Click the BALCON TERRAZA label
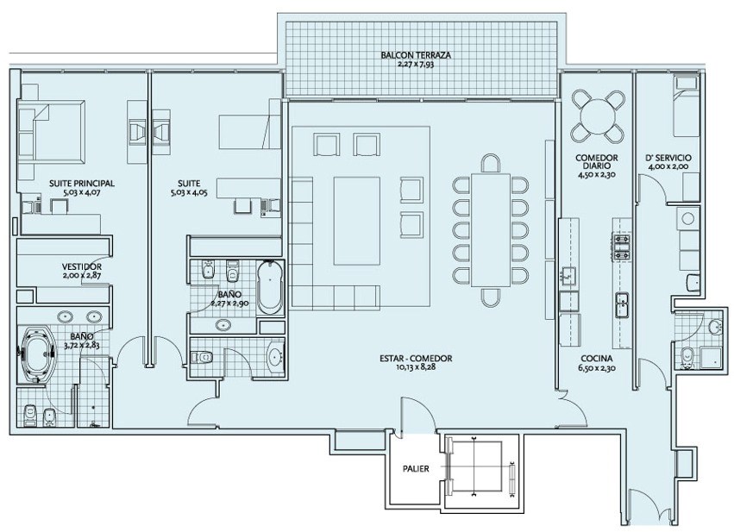tap(416, 55)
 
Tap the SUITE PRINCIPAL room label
tap(82, 184)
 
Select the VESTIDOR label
tap(81, 266)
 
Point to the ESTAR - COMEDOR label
tap(416, 359)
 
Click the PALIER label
tap(416, 468)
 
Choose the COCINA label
tap(596, 359)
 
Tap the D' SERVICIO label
tap(668, 158)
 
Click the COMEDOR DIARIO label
tap(596, 162)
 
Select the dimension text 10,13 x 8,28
tap(416, 367)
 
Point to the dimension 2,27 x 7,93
tap(416, 64)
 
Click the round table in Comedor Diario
tap(598, 116)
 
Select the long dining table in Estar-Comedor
tap(490, 229)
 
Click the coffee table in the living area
tap(356, 221)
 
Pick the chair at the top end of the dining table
tap(490, 163)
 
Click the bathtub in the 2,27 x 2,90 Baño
tap(270, 287)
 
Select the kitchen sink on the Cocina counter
tap(622, 304)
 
